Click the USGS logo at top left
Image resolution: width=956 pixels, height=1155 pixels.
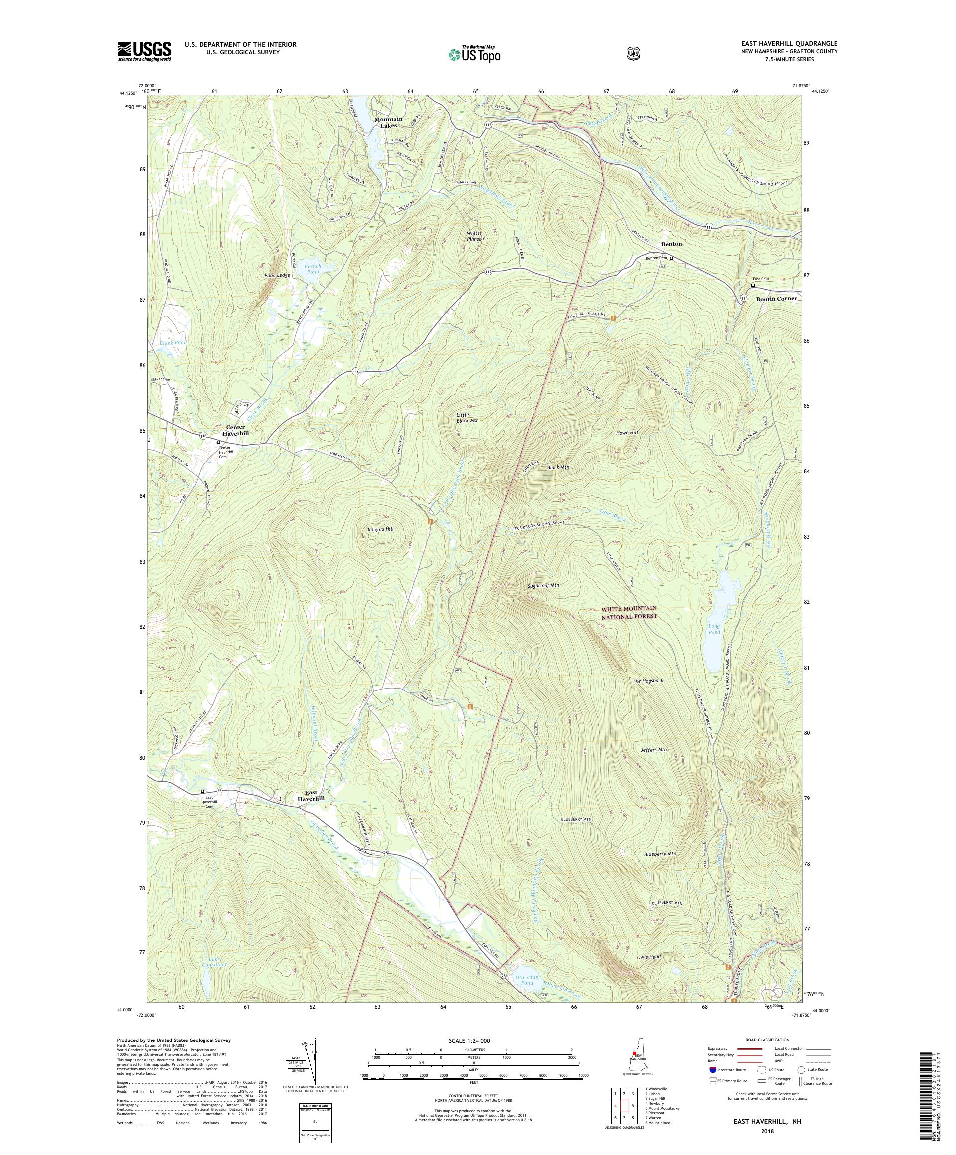tap(144, 52)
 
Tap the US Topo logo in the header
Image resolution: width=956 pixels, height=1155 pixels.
tap(474, 54)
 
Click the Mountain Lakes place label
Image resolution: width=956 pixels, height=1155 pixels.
tap(388, 122)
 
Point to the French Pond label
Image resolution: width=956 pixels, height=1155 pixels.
tap(313, 269)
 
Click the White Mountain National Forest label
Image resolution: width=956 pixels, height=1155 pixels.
tap(629, 612)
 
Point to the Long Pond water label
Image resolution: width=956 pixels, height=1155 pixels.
tap(714, 629)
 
